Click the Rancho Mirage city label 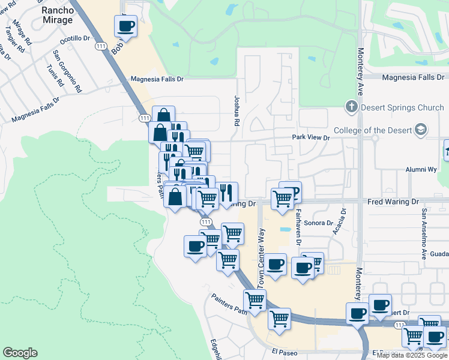click(58, 15)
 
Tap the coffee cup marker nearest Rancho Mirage click(126, 26)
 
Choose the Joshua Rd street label click(237, 111)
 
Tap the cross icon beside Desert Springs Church click(351, 107)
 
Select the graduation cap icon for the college click(420, 129)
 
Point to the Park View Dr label click(311, 137)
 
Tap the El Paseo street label click(285, 352)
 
